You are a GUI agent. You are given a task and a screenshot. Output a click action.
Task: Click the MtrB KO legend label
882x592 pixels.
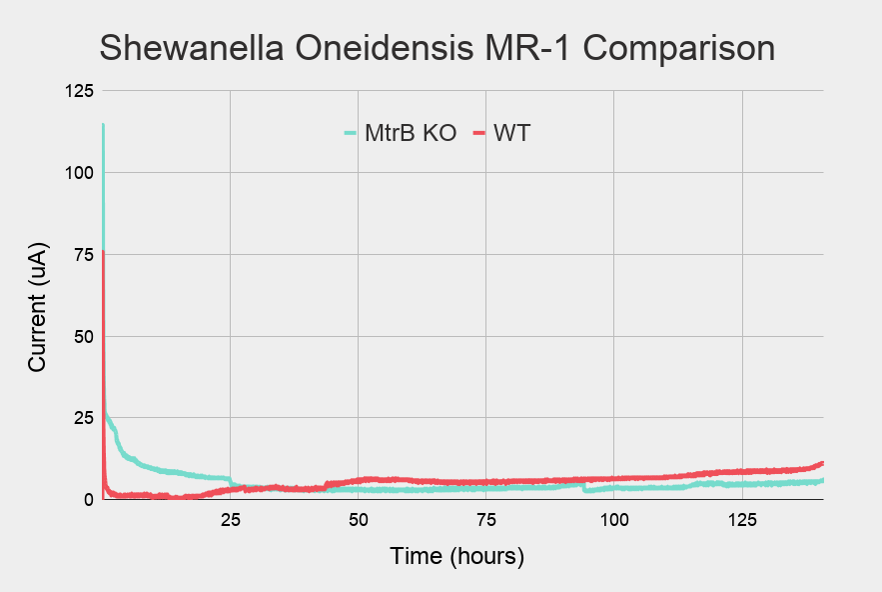411,133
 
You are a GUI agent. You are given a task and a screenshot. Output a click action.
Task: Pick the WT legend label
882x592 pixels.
511,133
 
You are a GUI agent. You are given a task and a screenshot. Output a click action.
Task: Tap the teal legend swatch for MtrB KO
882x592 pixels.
351,133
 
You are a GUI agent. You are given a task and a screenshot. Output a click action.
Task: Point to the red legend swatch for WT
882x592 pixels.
478,133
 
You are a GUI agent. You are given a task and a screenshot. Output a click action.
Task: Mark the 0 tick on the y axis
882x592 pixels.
87,499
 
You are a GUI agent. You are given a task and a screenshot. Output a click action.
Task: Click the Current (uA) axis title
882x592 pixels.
37,310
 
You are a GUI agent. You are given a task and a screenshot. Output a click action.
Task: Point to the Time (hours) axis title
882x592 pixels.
456,556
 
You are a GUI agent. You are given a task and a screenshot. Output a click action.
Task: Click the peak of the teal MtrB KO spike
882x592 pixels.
103,125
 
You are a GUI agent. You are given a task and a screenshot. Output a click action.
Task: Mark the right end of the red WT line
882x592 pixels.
822,463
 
